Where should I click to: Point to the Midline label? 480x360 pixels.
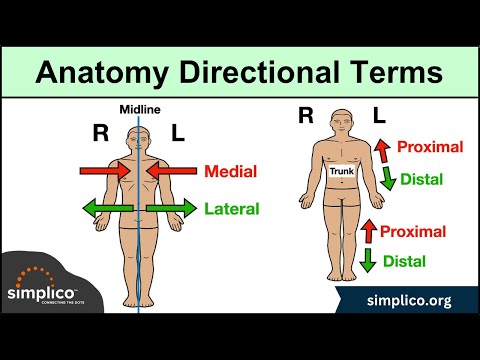(139, 110)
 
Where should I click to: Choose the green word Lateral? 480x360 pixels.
(232, 209)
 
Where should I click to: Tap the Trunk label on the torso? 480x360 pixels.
(342, 172)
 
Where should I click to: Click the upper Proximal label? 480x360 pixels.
(430, 147)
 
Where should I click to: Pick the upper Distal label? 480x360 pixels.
(421, 182)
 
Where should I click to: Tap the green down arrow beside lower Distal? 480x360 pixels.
(368, 262)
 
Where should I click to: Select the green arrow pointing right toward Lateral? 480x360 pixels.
(170, 209)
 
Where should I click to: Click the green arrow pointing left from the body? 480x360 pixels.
(106, 209)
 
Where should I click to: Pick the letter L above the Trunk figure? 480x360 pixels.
(379, 117)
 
